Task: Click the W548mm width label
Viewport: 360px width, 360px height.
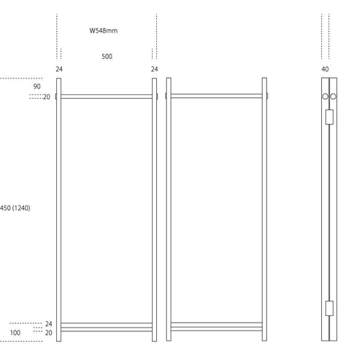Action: (104, 31)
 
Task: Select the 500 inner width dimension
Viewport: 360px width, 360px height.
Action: (107, 57)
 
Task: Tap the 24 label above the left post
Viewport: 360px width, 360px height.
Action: (59, 69)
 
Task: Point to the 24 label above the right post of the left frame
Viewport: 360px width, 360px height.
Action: (154, 69)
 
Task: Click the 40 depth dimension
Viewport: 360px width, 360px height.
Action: (325, 69)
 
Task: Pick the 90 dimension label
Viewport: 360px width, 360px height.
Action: (37, 86)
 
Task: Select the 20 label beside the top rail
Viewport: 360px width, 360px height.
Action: (47, 97)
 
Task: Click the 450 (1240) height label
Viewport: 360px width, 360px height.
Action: (15, 208)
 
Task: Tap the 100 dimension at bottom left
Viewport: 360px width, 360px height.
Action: (15, 333)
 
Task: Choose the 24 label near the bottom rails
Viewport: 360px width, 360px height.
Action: (48, 324)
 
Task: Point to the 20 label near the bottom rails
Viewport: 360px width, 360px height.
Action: (48, 333)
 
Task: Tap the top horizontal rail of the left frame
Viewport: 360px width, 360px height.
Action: (107, 96)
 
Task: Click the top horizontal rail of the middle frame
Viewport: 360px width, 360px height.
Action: (217, 96)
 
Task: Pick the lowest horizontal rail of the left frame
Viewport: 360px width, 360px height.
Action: (107, 330)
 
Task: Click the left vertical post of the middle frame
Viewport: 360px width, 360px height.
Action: (168, 210)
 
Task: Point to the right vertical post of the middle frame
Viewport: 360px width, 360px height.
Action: (264, 210)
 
